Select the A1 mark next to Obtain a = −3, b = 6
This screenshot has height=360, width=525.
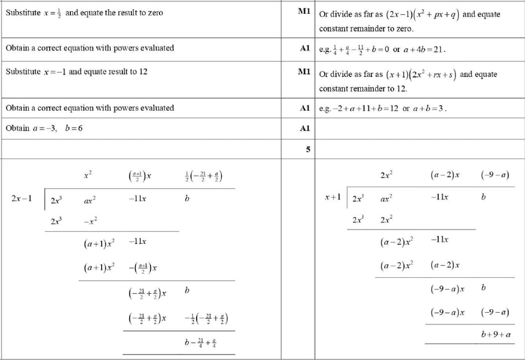[x=305, y=128]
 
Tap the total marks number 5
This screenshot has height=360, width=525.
[x=308, y=149]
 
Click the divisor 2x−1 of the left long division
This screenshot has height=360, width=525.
[x=21, y=198]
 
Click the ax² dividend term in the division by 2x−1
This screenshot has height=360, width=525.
[x=89, y=200]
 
